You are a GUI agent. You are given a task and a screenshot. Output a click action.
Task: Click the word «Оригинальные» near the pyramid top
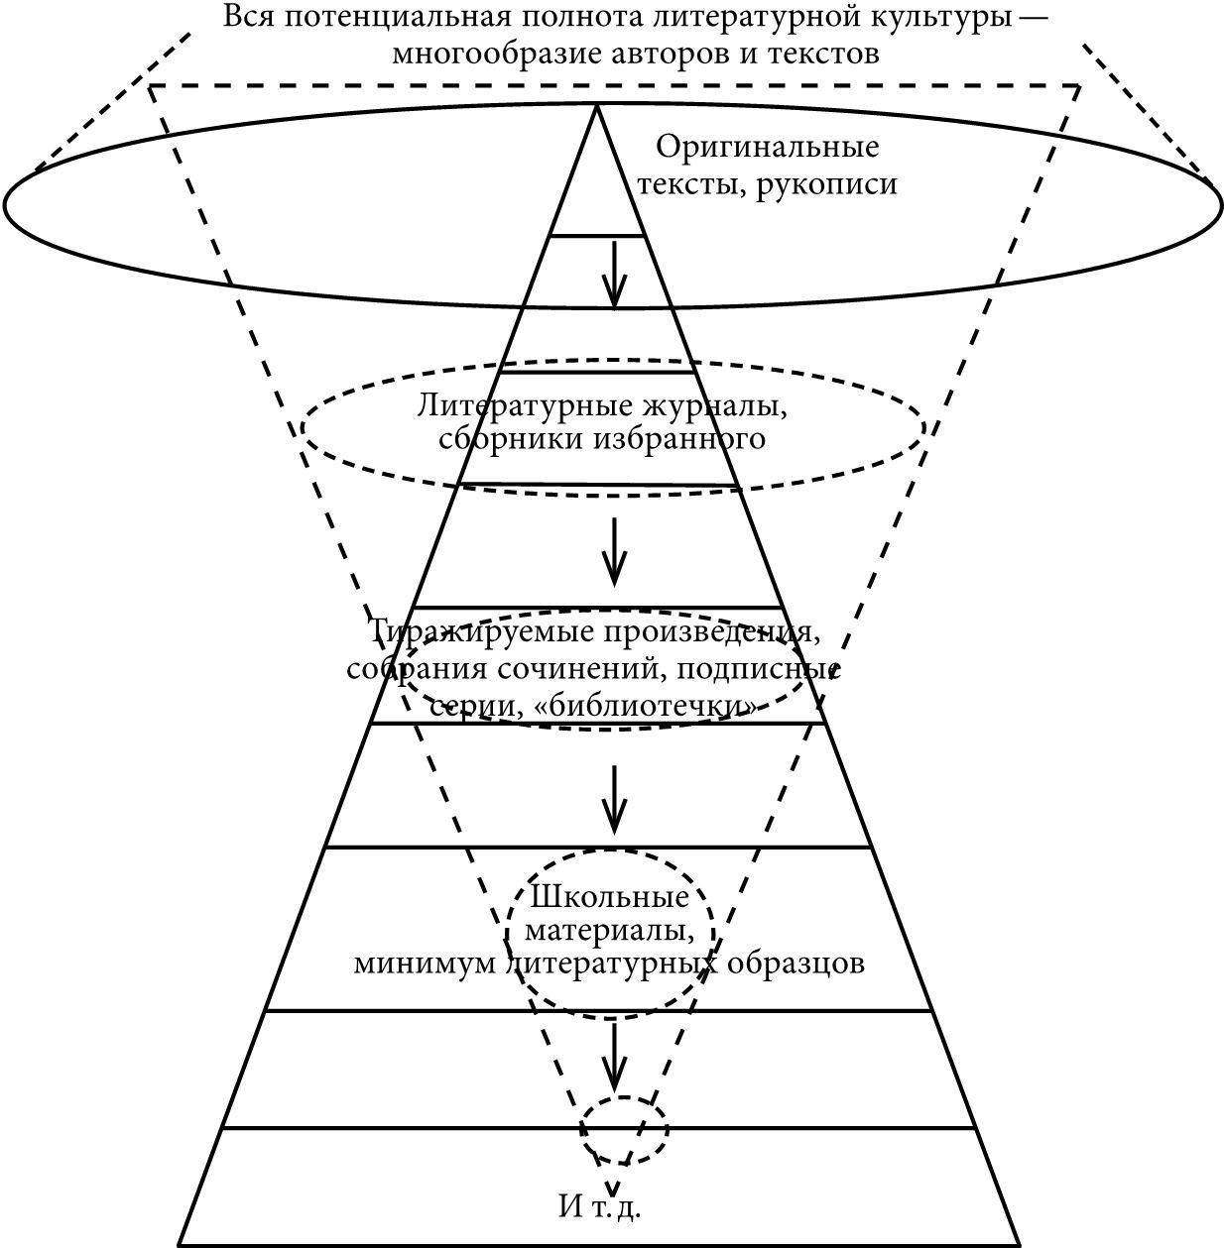point(767,148)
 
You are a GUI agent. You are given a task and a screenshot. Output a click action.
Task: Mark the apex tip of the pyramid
point(596,105)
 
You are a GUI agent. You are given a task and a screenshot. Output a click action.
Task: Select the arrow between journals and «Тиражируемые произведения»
point(615,550)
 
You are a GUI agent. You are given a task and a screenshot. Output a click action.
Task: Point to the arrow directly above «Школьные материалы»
point(615,799)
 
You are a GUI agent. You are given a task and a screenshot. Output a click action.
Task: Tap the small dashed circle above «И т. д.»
point(625,1128)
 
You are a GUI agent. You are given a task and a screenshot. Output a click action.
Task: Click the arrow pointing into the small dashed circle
point(615,1057)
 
